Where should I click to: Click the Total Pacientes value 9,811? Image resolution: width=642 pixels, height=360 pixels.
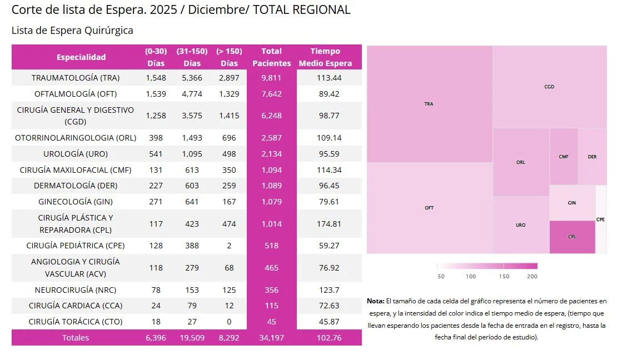[x=271, y=78]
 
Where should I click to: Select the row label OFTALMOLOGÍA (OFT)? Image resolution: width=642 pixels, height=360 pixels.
[x=76, y=94]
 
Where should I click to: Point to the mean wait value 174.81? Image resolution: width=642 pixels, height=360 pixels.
[x=328, y=224]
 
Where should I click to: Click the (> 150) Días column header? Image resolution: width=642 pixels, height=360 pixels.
[x=229, y=57]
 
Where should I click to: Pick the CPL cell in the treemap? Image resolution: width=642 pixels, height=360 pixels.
[x=572, y=237]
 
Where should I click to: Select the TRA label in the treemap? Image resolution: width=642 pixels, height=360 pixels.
[x=429, y=104]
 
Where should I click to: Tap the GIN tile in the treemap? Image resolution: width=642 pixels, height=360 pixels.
[x=572, y=203]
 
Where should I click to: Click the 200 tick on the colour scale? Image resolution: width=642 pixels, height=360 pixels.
[x=532, y=276]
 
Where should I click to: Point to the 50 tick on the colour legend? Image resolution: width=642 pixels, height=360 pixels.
[x=441, y=276]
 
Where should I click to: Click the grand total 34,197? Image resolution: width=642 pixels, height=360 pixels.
[x=271, y=338]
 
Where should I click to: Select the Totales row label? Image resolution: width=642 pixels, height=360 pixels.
[x=76, y=338]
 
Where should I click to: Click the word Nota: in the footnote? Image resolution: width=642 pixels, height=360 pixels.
[x=375, y=301]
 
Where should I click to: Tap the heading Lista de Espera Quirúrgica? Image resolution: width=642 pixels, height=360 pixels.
[x=72, y=31]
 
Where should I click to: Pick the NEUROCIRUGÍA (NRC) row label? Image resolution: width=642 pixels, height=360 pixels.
[x=76, y=290]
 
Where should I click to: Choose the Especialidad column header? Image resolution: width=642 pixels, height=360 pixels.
[x=81, y=57]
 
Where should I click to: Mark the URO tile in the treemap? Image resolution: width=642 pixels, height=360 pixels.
[x=520, y=225]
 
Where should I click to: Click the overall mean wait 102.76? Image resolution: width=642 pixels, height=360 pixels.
[x=328, y=338]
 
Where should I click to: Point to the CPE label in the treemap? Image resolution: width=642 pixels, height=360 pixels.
[x=600, y=219]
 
